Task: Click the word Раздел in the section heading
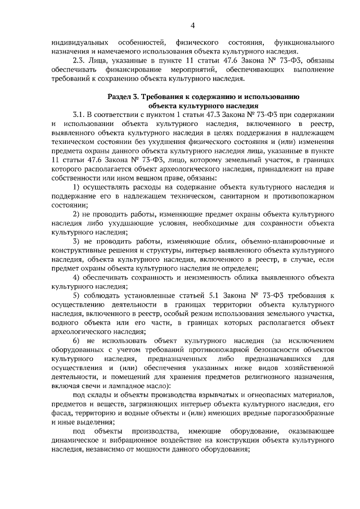point(120,97)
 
